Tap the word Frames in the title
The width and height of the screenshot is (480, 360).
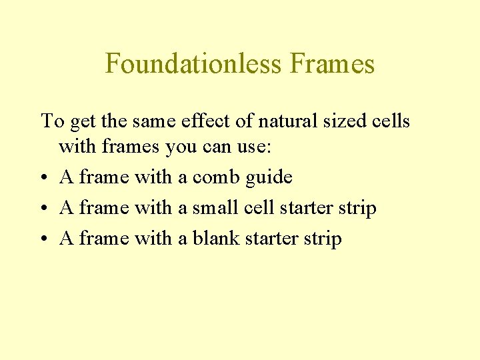coord(333,64)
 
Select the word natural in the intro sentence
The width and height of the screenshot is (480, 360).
coord(287,121)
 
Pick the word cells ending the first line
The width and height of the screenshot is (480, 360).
coord(393,121)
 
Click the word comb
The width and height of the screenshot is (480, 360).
coord(216,177)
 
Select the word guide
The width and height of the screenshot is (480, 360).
coord(269,177)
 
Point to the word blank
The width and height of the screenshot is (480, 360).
coord(216,239)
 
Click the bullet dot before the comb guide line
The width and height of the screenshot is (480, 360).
coord(45,178)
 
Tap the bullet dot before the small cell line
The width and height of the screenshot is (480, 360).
coord(45,209)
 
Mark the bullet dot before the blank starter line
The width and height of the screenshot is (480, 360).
coord(45,239)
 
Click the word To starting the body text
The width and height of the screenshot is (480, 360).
coord(52,121)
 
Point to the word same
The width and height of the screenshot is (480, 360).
coord(152,121)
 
